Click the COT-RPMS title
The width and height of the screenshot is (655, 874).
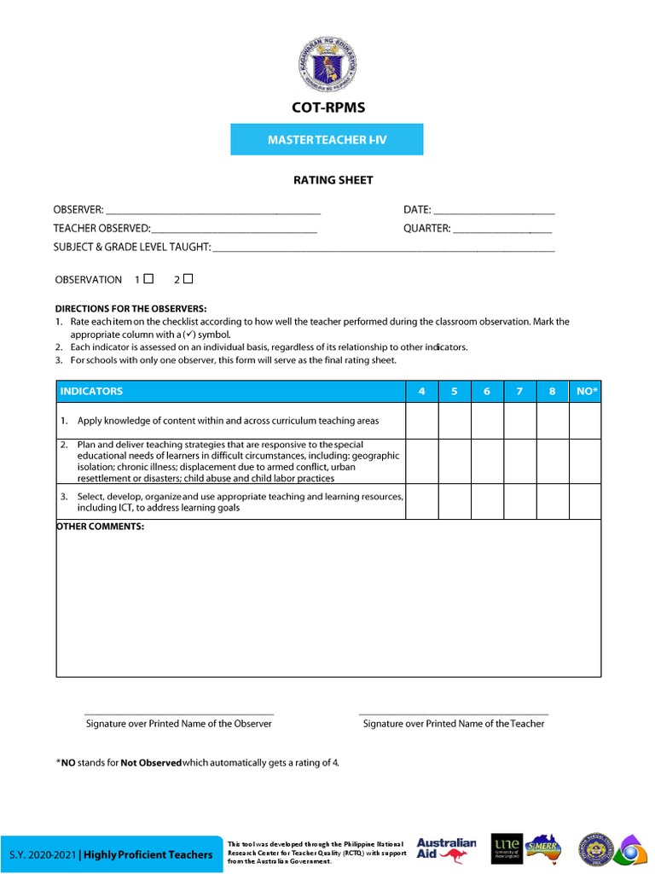coord(327,108)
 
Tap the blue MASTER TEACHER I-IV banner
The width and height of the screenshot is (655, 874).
coord(327,139)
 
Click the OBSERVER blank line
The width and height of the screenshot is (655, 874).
coord(213,211)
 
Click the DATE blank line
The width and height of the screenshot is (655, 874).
coord(495,211)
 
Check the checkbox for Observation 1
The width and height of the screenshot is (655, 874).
coord(149,278)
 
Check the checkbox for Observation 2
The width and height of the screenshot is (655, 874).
coord(188,278)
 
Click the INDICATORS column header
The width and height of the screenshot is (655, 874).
coord(92,392)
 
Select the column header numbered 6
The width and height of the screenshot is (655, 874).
coord(487,392)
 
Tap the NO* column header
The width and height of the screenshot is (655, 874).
coord(588,392)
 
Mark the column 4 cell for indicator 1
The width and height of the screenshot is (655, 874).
coord(421,421)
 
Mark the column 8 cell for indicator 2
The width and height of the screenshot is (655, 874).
coord(553,462)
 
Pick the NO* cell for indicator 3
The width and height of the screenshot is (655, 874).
coord(585,502)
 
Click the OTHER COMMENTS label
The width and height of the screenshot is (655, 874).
coord(101,527)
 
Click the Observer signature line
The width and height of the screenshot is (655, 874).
coord(179,713)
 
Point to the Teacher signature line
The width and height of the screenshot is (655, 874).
coord(454,713)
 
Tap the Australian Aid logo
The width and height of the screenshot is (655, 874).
coord(446,852)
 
